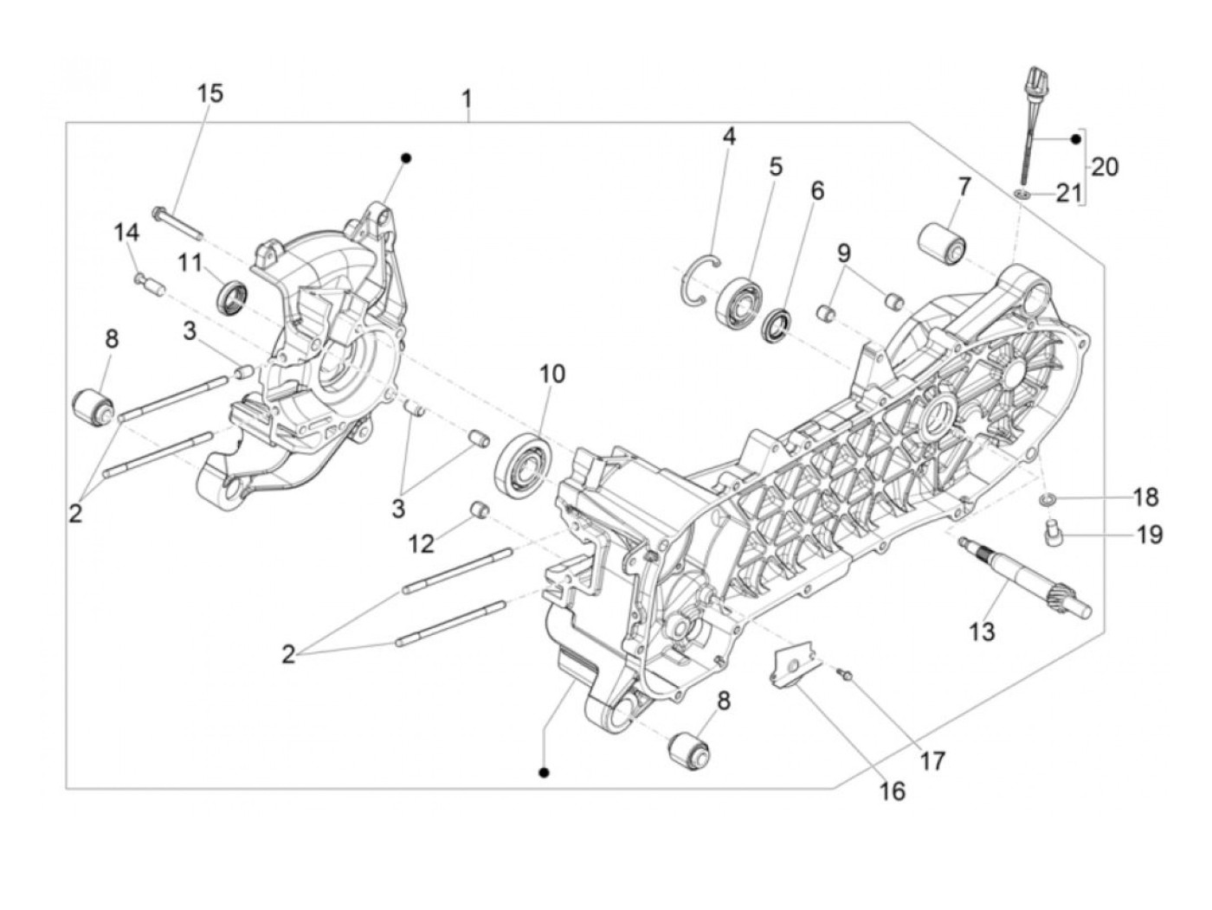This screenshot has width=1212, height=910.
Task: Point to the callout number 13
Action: coord(983,632)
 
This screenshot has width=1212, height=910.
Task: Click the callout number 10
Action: coord(552,374)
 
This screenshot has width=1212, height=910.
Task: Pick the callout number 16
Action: coord(892,791)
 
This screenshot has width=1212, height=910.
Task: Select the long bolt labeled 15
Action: coord(178,221)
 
